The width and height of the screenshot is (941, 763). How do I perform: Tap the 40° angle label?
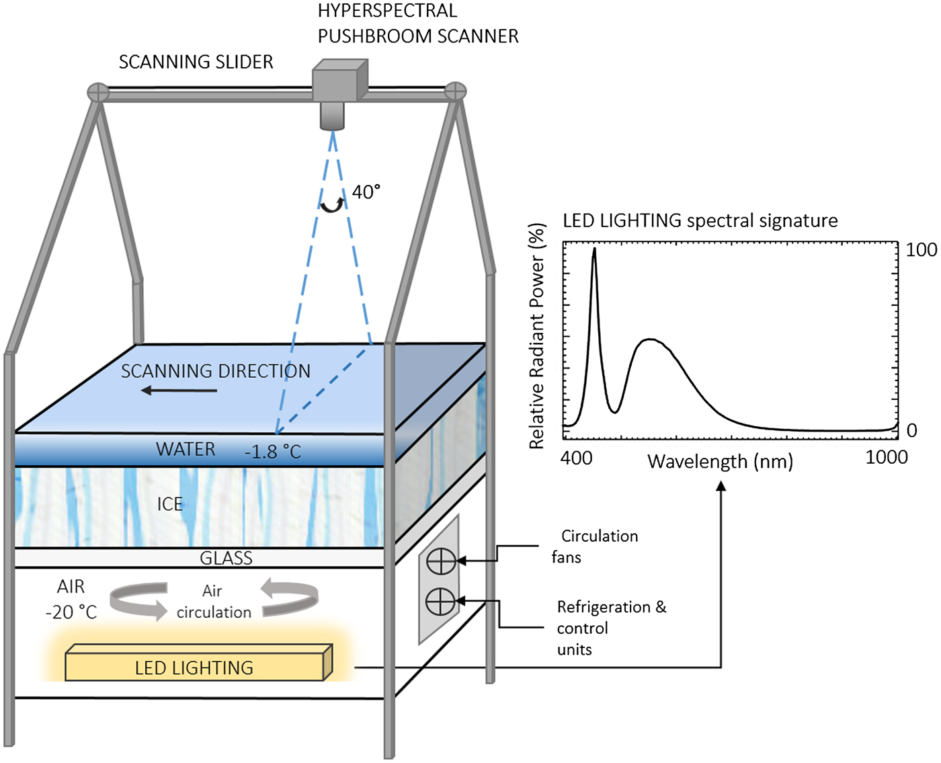[x=366, y=192]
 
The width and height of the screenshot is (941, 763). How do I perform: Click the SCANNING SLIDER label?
[x=196, y=62]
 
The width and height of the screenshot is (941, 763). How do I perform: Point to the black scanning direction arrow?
[x=179, y=391]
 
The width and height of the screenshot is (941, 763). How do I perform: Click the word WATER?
[x=186, y=449]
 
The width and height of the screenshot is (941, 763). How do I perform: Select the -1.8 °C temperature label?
[x=272, y=452]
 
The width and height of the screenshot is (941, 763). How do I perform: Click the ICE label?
[x=169, y=504]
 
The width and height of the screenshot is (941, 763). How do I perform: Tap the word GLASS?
[x=226, y=558]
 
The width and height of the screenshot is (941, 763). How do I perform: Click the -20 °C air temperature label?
[x=71, y=612]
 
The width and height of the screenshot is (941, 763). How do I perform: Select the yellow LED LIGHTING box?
[x=195, y=666]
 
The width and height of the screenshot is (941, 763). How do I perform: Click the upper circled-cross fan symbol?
[x=441, y=561]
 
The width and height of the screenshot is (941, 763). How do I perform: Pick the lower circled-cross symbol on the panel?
[x=441, y=601]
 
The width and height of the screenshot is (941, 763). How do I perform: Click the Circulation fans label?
[x=595, y=547]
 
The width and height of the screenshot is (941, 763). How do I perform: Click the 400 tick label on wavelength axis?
[x=577, y=458]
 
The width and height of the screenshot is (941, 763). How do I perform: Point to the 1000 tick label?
[x=886, y=457]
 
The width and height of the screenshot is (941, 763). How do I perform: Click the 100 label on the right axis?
[x=921, y=250]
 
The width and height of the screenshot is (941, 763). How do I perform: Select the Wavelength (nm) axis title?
[x=720, y=462]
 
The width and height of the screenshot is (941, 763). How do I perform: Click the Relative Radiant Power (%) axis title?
[x=536, y=336]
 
